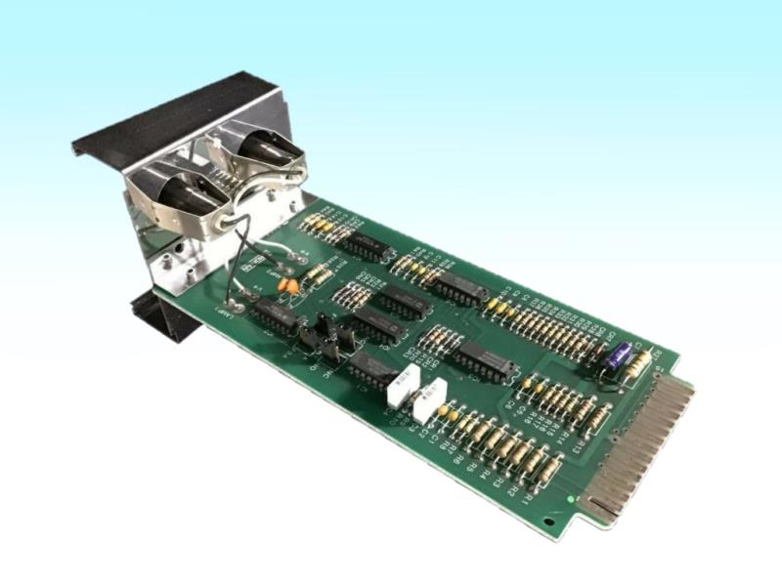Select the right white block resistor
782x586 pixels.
point(427,400)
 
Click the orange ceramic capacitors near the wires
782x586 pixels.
point(288,286)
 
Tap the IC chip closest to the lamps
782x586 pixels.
point(369,246)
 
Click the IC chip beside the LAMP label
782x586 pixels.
point(276,315)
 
